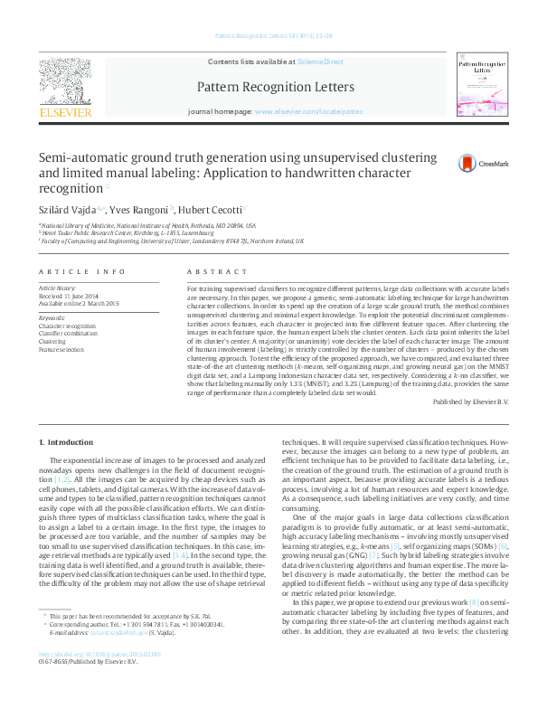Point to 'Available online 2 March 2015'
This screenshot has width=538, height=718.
[x=80, y=303]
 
